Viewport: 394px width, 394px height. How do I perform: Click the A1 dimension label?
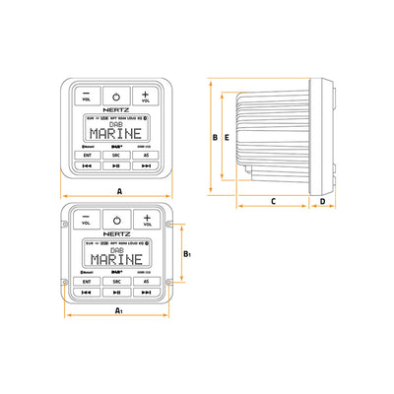click(118, 311)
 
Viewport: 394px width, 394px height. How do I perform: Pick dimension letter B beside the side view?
click(214, 138)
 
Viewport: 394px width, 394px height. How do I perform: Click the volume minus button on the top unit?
click(86, 96)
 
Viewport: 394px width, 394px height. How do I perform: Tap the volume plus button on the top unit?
click(147, 96)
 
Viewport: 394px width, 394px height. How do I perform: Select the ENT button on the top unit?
click(87, 155)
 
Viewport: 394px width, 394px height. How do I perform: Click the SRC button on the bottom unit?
click(116, 281)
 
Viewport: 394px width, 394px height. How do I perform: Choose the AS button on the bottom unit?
click(147, 281)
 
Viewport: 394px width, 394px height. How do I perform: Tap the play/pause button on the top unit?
click(116, 166)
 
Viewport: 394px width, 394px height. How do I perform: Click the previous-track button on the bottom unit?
click(87, 293)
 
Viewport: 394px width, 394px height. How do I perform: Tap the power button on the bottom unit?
click(116, 221)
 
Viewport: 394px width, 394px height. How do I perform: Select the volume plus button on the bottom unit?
click(147, 221)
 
